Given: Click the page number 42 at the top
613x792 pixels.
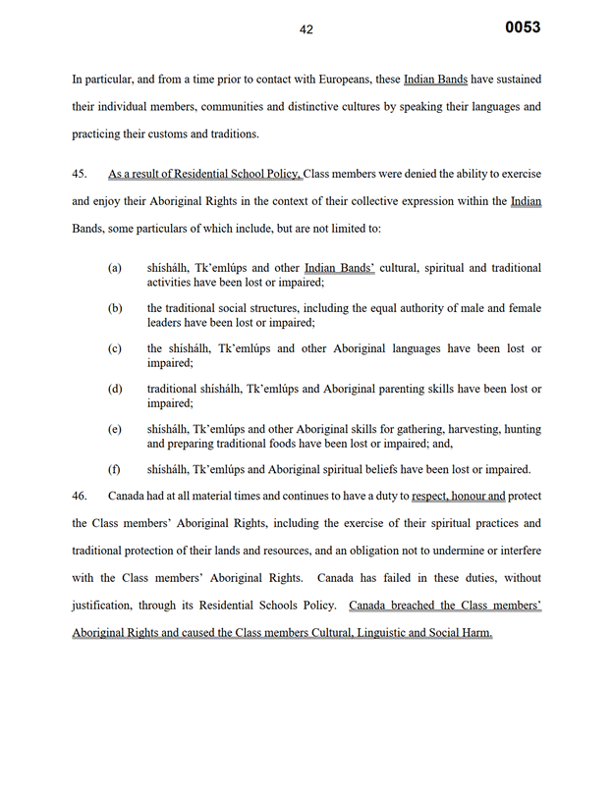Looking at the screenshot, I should click(x=306, y=29).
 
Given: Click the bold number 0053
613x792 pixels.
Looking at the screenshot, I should click(x=523, y=27).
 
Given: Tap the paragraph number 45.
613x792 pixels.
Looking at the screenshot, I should click(x=80, y=175).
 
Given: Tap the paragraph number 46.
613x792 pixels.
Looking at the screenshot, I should click(x=80, y=496).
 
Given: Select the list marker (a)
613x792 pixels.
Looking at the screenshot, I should click(x=115, y=268).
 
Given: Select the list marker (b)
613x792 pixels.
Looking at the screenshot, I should click(x=115, y=308).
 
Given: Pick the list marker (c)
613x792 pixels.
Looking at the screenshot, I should click(x=115, y=348).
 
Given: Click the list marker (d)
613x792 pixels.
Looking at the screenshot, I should click(x=115, y=389).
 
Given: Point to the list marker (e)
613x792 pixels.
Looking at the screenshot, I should click(x=115, y=429).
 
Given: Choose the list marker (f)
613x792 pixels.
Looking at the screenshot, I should click(x=115, y=468).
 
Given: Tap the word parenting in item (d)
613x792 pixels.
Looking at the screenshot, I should click(x=375, y=389).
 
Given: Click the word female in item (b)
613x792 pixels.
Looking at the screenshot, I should click(x=519, y=308).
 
